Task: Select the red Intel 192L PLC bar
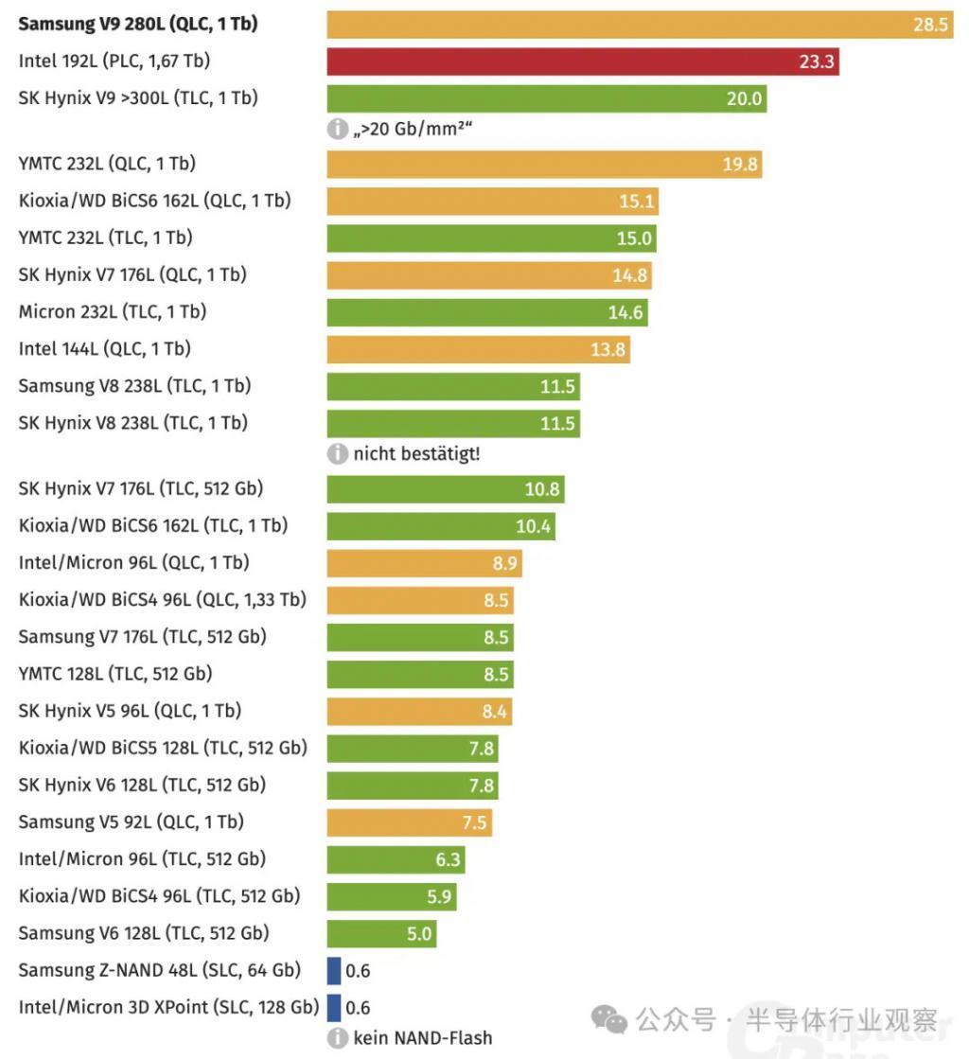583,62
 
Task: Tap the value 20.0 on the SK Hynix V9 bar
744,99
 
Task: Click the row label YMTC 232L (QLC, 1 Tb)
107,164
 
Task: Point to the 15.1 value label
637,202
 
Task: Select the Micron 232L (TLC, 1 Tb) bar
487,312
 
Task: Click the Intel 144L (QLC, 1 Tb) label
104,349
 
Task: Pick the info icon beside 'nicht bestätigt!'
338,454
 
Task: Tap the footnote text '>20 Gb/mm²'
413,130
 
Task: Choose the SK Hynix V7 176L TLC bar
446,489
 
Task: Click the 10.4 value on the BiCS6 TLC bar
533,526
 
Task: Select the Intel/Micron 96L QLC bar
425,563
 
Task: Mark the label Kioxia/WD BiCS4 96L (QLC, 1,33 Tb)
162,600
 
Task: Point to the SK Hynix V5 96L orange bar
419,712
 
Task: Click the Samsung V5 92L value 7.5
474,822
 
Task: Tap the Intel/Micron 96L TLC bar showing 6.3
396,859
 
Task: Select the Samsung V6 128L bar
381,934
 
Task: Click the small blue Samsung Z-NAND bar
334,971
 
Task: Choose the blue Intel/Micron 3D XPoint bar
334,1008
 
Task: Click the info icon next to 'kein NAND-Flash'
338,1038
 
